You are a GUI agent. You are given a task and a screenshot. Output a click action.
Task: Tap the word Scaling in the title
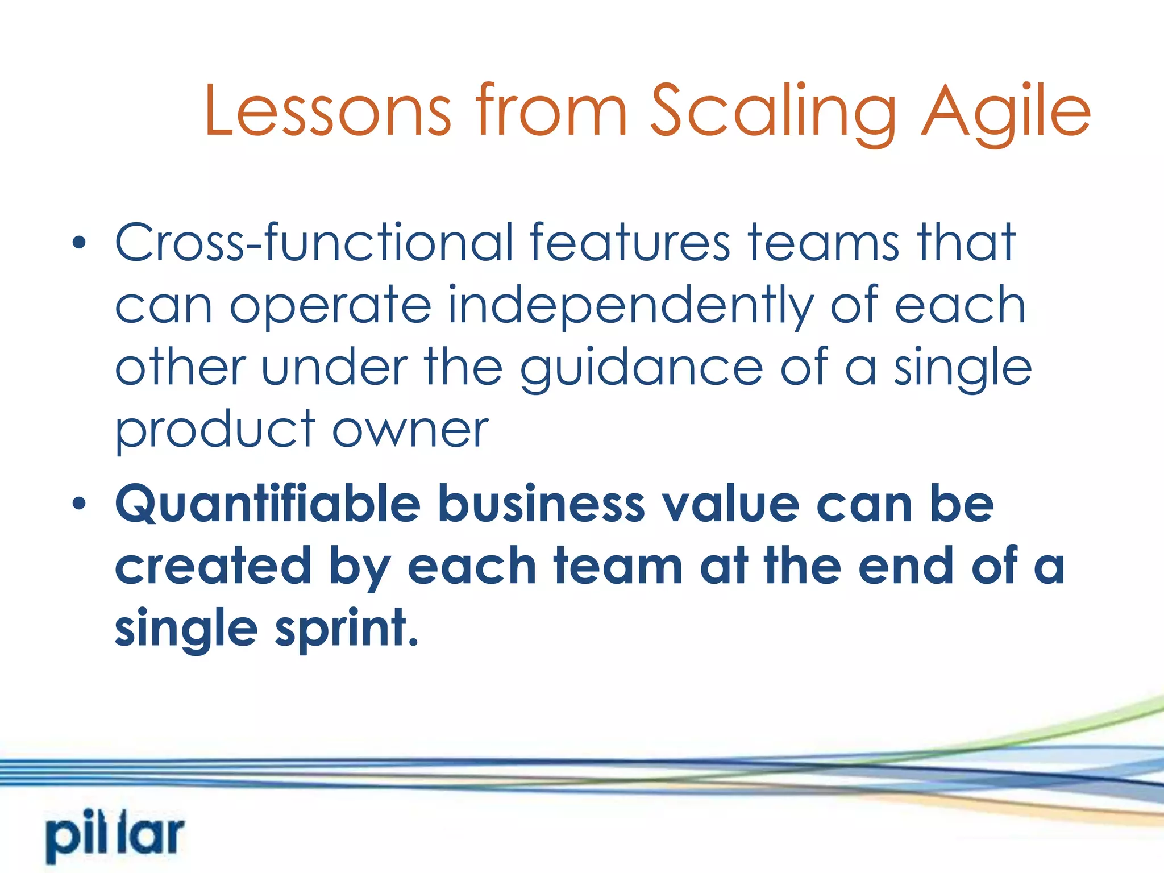(x=773, y=113)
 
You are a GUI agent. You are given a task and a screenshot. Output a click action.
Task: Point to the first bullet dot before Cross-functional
(x=80, y=244)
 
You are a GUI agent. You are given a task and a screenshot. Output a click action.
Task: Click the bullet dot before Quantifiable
(x=80, y=504)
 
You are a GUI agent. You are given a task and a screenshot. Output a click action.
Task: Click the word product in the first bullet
(x=215, y=431)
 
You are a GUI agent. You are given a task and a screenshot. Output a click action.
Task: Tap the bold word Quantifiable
(x=268, y=504)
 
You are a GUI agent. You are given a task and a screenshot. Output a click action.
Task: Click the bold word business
(x=541, y=504)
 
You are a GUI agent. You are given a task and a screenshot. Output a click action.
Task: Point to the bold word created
(x=213, y=566)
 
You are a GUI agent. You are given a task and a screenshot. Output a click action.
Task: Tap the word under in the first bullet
(x=334, y=368)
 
